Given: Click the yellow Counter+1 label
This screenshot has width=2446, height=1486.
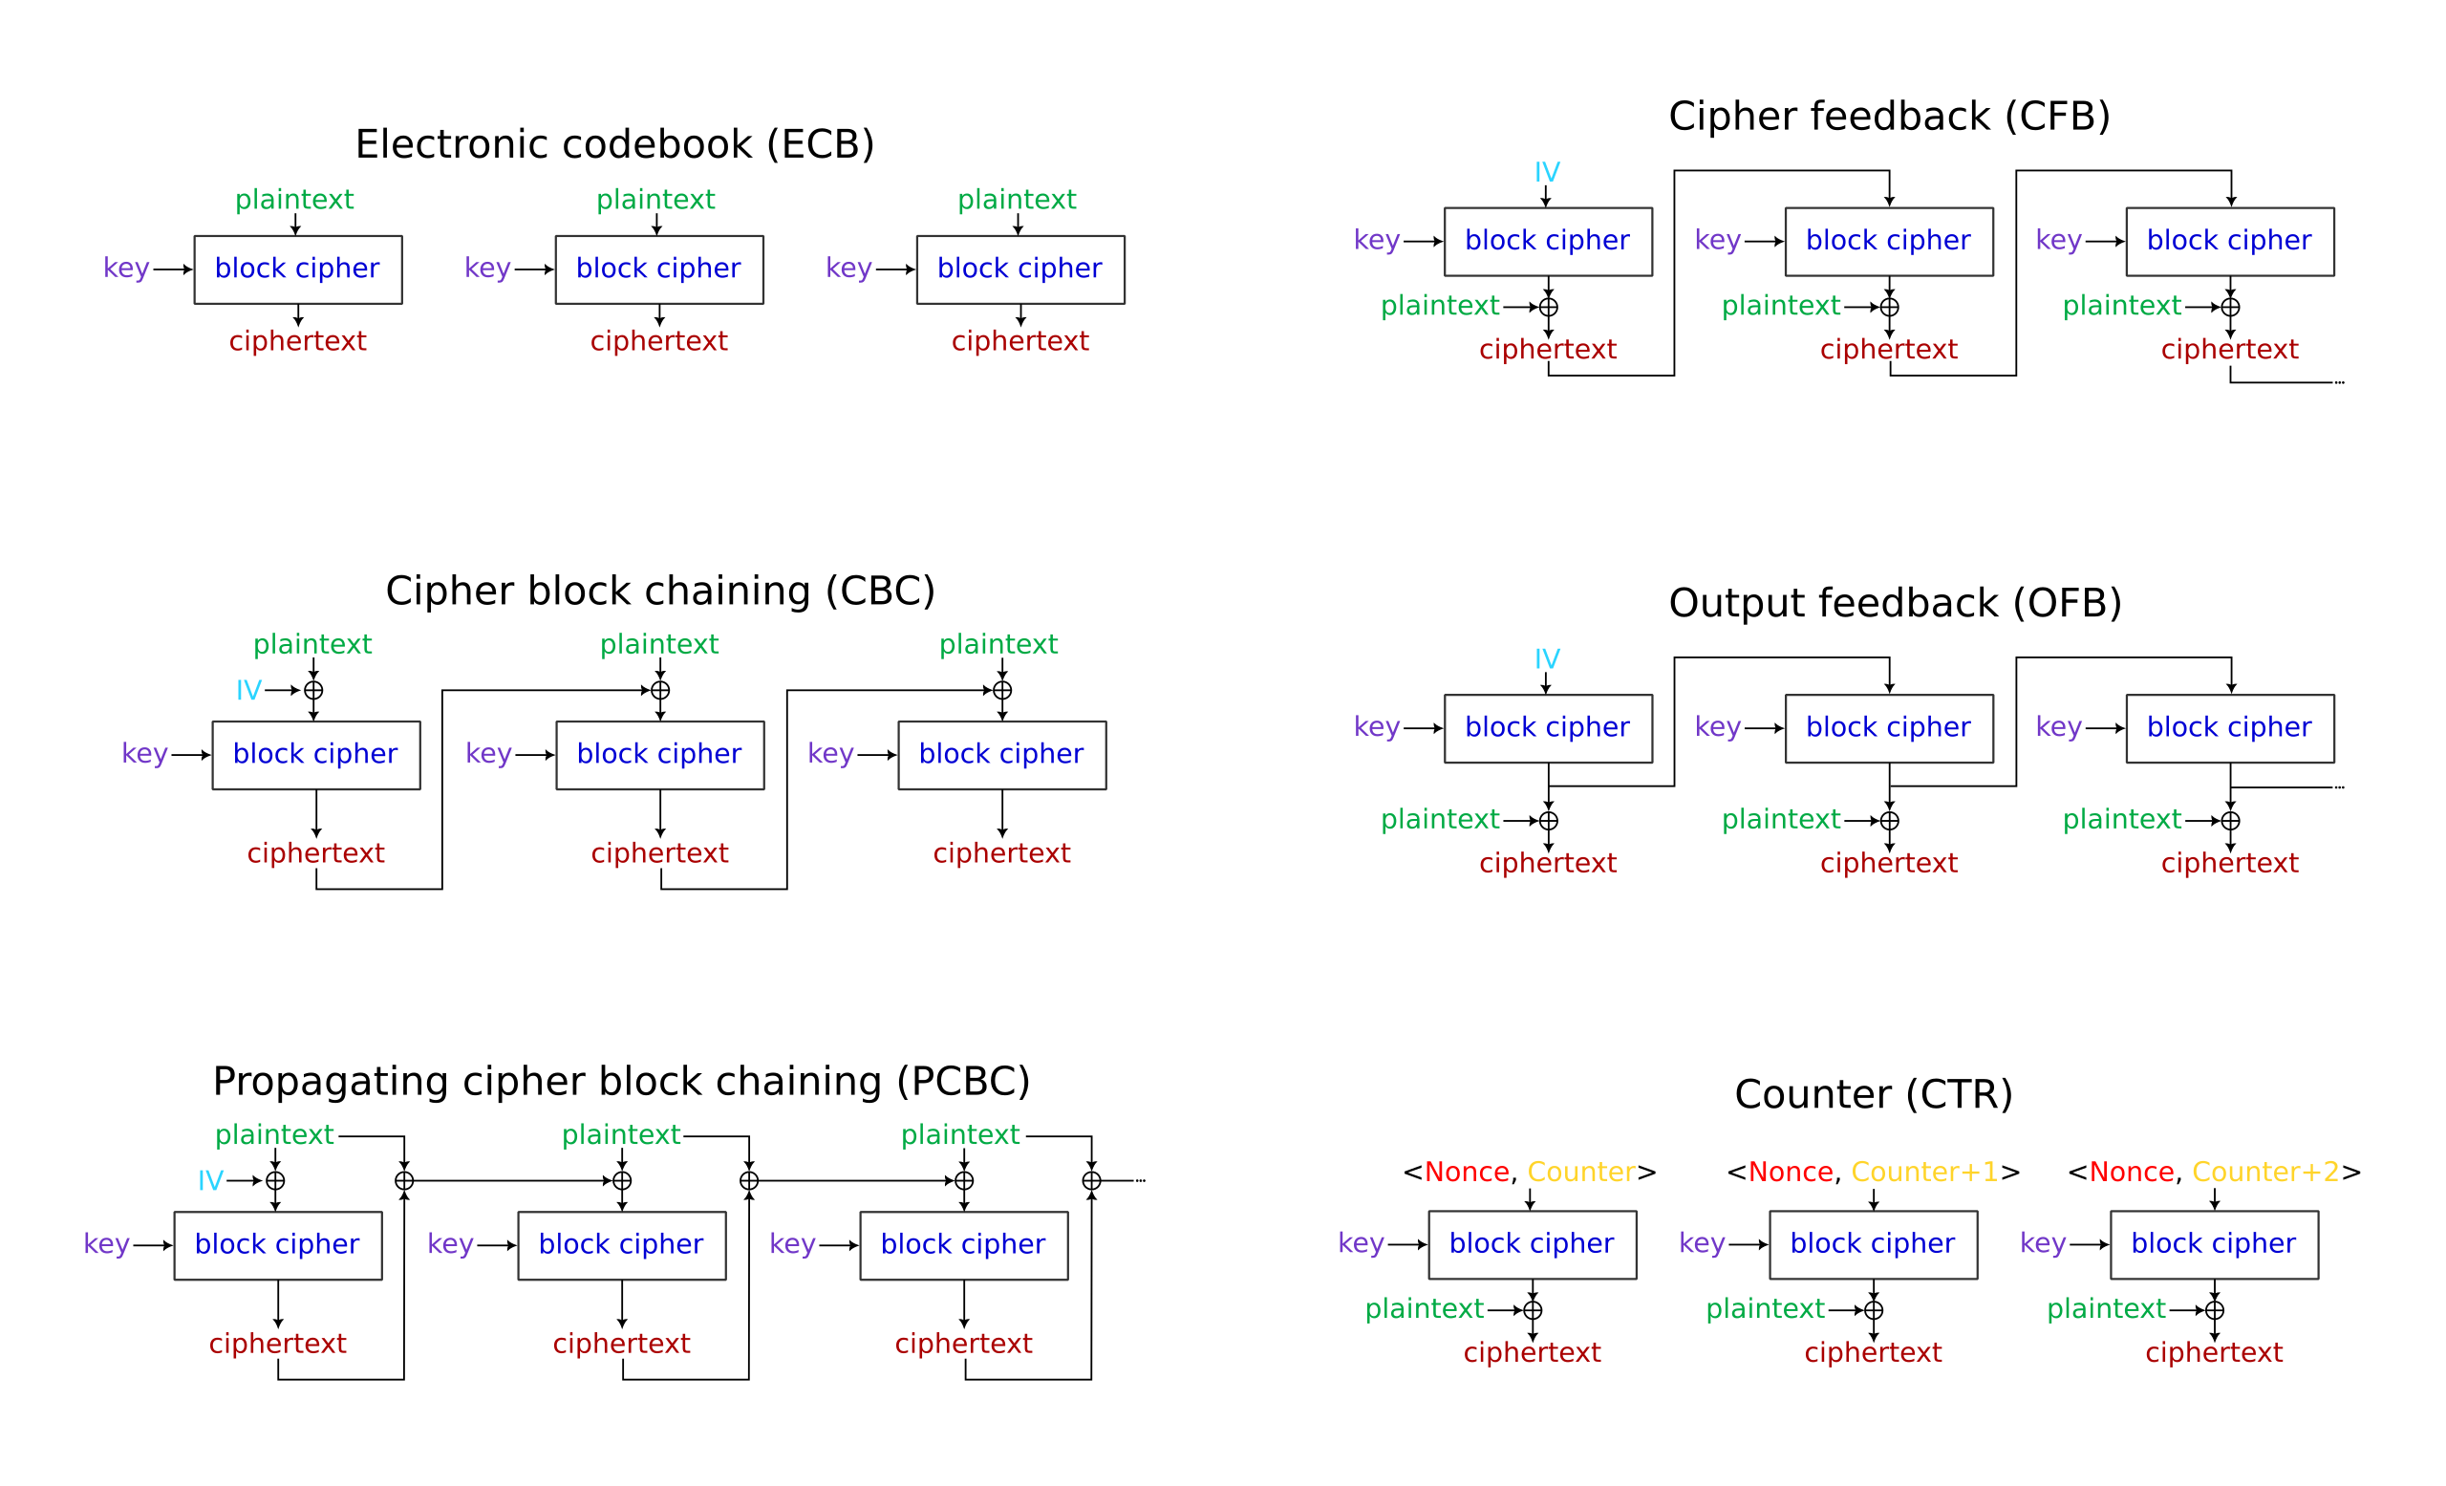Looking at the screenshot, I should point(1924,1173).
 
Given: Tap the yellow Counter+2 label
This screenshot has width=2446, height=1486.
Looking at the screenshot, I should point(2265,1173).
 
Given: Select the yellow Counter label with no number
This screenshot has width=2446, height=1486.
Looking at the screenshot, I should point(1580,1173).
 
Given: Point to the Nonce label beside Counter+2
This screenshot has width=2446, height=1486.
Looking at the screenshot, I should point(2132,1173).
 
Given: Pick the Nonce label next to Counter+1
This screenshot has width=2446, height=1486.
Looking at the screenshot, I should point(1790,1173).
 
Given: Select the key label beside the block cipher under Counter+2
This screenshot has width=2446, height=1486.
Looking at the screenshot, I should point(2043,1244).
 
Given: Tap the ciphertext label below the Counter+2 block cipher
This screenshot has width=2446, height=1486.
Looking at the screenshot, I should point(2214,1352).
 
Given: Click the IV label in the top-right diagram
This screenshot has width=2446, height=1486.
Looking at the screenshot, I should point(1547,173).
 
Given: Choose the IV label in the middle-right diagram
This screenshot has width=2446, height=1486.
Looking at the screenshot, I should point(1547,659).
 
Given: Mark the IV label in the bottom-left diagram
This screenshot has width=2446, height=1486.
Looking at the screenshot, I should point(210,1180).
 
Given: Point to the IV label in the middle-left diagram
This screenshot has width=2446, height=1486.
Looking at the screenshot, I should point(248,690).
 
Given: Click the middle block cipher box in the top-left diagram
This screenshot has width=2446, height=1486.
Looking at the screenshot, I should point(659,269).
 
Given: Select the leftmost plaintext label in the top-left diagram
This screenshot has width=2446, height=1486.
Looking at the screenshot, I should point(295,200).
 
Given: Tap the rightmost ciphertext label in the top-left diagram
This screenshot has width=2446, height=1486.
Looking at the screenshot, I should point(1019,341).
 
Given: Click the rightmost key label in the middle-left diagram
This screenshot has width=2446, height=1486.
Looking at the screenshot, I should point(831,754).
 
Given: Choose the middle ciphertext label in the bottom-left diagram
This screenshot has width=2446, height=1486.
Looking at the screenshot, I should point(621,1343).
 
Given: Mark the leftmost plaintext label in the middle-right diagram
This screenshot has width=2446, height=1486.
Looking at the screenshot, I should point(1439,819).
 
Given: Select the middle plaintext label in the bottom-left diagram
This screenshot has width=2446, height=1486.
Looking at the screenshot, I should point(621,1134).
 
